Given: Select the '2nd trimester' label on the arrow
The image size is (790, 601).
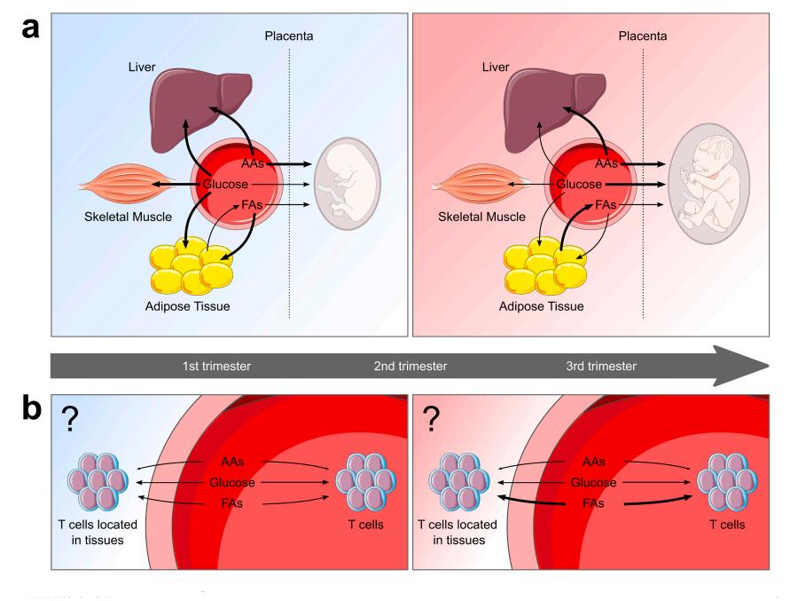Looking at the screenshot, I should pos(410,366).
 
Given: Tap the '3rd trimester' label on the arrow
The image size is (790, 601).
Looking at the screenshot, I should pos(601,366).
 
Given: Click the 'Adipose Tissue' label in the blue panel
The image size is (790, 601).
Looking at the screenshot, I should pos(191,307).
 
